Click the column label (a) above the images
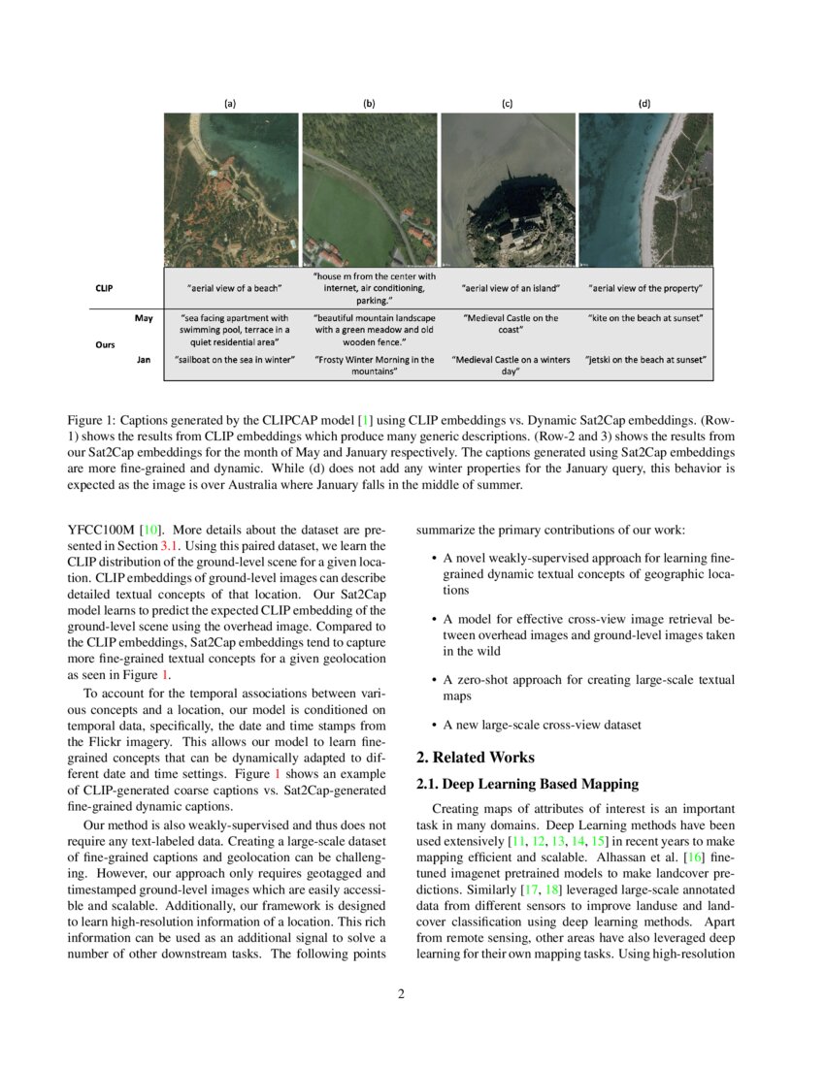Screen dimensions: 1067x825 pos(231,103)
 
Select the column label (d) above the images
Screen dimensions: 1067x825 pos(645,103)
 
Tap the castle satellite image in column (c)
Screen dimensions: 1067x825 pos(508,190)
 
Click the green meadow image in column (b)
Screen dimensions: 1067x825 pos(369,190)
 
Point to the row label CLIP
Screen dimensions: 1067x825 pos(104,288)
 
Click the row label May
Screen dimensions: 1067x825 pos(144,317)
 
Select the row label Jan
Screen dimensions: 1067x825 pos(144,359)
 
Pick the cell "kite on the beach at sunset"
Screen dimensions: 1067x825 pos(645,318)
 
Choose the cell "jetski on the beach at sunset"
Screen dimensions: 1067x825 pos(645,360)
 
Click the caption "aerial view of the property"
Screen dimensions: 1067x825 pos(645,289)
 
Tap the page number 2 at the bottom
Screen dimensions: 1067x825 pos(400,993)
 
